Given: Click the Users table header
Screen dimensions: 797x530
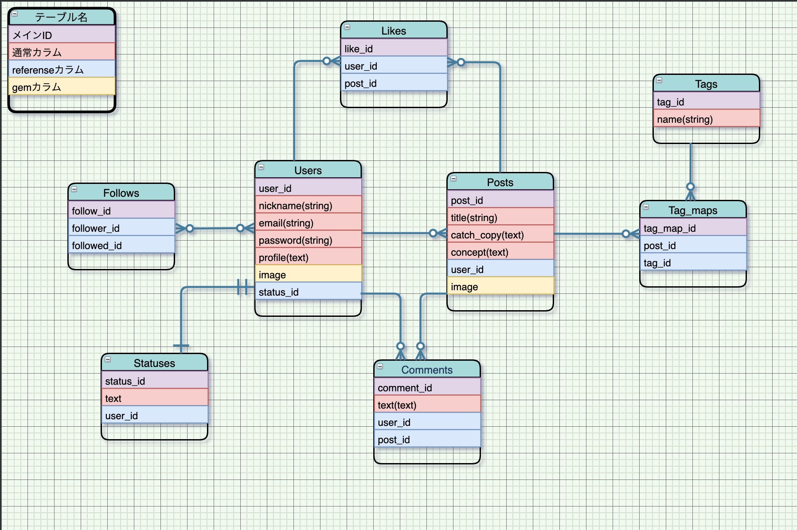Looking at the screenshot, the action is [x=308, y=170].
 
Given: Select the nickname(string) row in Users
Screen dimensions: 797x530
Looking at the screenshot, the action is [x=308, y=206].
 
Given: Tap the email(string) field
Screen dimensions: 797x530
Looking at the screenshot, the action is [x=308, y=223].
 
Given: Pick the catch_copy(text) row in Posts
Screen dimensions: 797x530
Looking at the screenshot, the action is [x=500, y=235].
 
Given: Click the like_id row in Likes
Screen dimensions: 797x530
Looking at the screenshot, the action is [x=394, y=49].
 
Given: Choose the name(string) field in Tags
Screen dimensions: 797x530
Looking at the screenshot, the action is [x=707, y=119].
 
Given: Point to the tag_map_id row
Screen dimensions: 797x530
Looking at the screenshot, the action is [x=693, y=228].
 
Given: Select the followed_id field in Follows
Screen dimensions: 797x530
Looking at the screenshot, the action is [x=121, y=246].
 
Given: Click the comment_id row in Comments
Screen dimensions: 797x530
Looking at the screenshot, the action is [x=427, y=388].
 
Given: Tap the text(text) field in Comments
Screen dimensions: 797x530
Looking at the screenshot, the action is [x=427, y=405].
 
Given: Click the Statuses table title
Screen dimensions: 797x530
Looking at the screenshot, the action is [x=154, y=363].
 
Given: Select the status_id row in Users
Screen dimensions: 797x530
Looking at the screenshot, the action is [x=308, y=292].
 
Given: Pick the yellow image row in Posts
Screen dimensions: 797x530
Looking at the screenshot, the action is [x=500, y=287].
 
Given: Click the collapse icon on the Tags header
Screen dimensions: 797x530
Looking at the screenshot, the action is [x=659, y=80].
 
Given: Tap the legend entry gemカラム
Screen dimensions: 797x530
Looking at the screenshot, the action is [x=62, y=87].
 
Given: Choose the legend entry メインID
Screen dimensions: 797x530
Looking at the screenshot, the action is [x=62, y=35].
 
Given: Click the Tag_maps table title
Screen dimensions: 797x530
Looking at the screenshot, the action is [x=693, y=210].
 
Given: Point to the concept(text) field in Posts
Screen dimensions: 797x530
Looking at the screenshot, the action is [x=500, y=252].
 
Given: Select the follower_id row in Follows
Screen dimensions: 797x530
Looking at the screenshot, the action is [x=121, y=228].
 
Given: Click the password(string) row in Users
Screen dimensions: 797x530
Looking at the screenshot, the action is [x=308, y=240].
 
